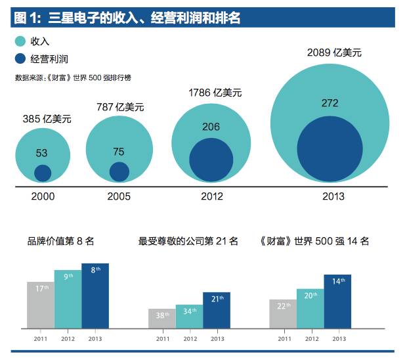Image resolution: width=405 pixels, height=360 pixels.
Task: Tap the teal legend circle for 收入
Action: click(20, 41)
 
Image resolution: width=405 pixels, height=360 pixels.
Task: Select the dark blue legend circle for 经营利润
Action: click(20, 58)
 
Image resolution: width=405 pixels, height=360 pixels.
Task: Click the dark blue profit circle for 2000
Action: click(43, 173)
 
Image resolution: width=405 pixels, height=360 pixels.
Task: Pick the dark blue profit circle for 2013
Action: click(330, 148)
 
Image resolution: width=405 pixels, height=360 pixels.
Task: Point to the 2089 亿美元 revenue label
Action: click(334, 53)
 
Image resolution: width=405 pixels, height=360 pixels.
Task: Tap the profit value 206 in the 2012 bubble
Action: click(211, 127)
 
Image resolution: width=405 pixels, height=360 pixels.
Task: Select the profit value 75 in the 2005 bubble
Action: click(118, 152)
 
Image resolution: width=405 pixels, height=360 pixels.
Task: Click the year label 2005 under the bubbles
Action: click(119, 196)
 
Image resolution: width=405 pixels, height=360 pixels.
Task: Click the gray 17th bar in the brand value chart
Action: click(40, 305)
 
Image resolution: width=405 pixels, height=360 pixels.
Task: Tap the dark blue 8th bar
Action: click(95, 296)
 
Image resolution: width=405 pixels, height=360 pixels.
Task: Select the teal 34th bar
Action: click(190, 316)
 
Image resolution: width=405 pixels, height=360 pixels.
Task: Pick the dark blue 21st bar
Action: click(217, 310)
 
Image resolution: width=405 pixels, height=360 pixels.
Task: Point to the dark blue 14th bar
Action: click(337, 301)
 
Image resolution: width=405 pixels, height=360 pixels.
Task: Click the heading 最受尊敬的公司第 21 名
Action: click(188, 241)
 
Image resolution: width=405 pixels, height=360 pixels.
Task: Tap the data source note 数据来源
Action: click(72, 78)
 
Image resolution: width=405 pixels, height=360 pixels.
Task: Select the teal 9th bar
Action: click(68, 299)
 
